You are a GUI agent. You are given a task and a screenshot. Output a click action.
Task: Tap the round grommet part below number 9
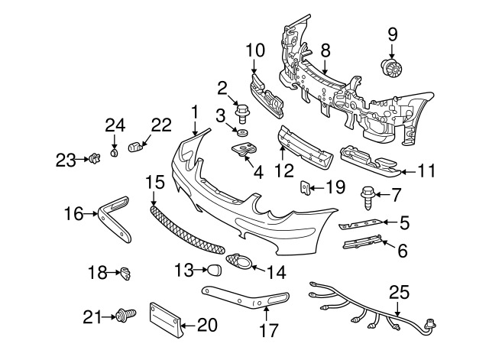[392, 69]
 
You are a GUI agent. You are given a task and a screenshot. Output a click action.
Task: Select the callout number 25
[399, 291]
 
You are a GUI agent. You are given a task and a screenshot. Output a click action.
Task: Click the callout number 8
[325, 51]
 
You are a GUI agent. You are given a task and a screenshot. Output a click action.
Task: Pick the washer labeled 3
[241, 135]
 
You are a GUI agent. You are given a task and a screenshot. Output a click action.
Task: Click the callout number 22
[162, 125]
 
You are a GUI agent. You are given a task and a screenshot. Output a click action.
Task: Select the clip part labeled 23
[95, 159]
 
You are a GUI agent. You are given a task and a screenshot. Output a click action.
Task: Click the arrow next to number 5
[385, 222]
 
